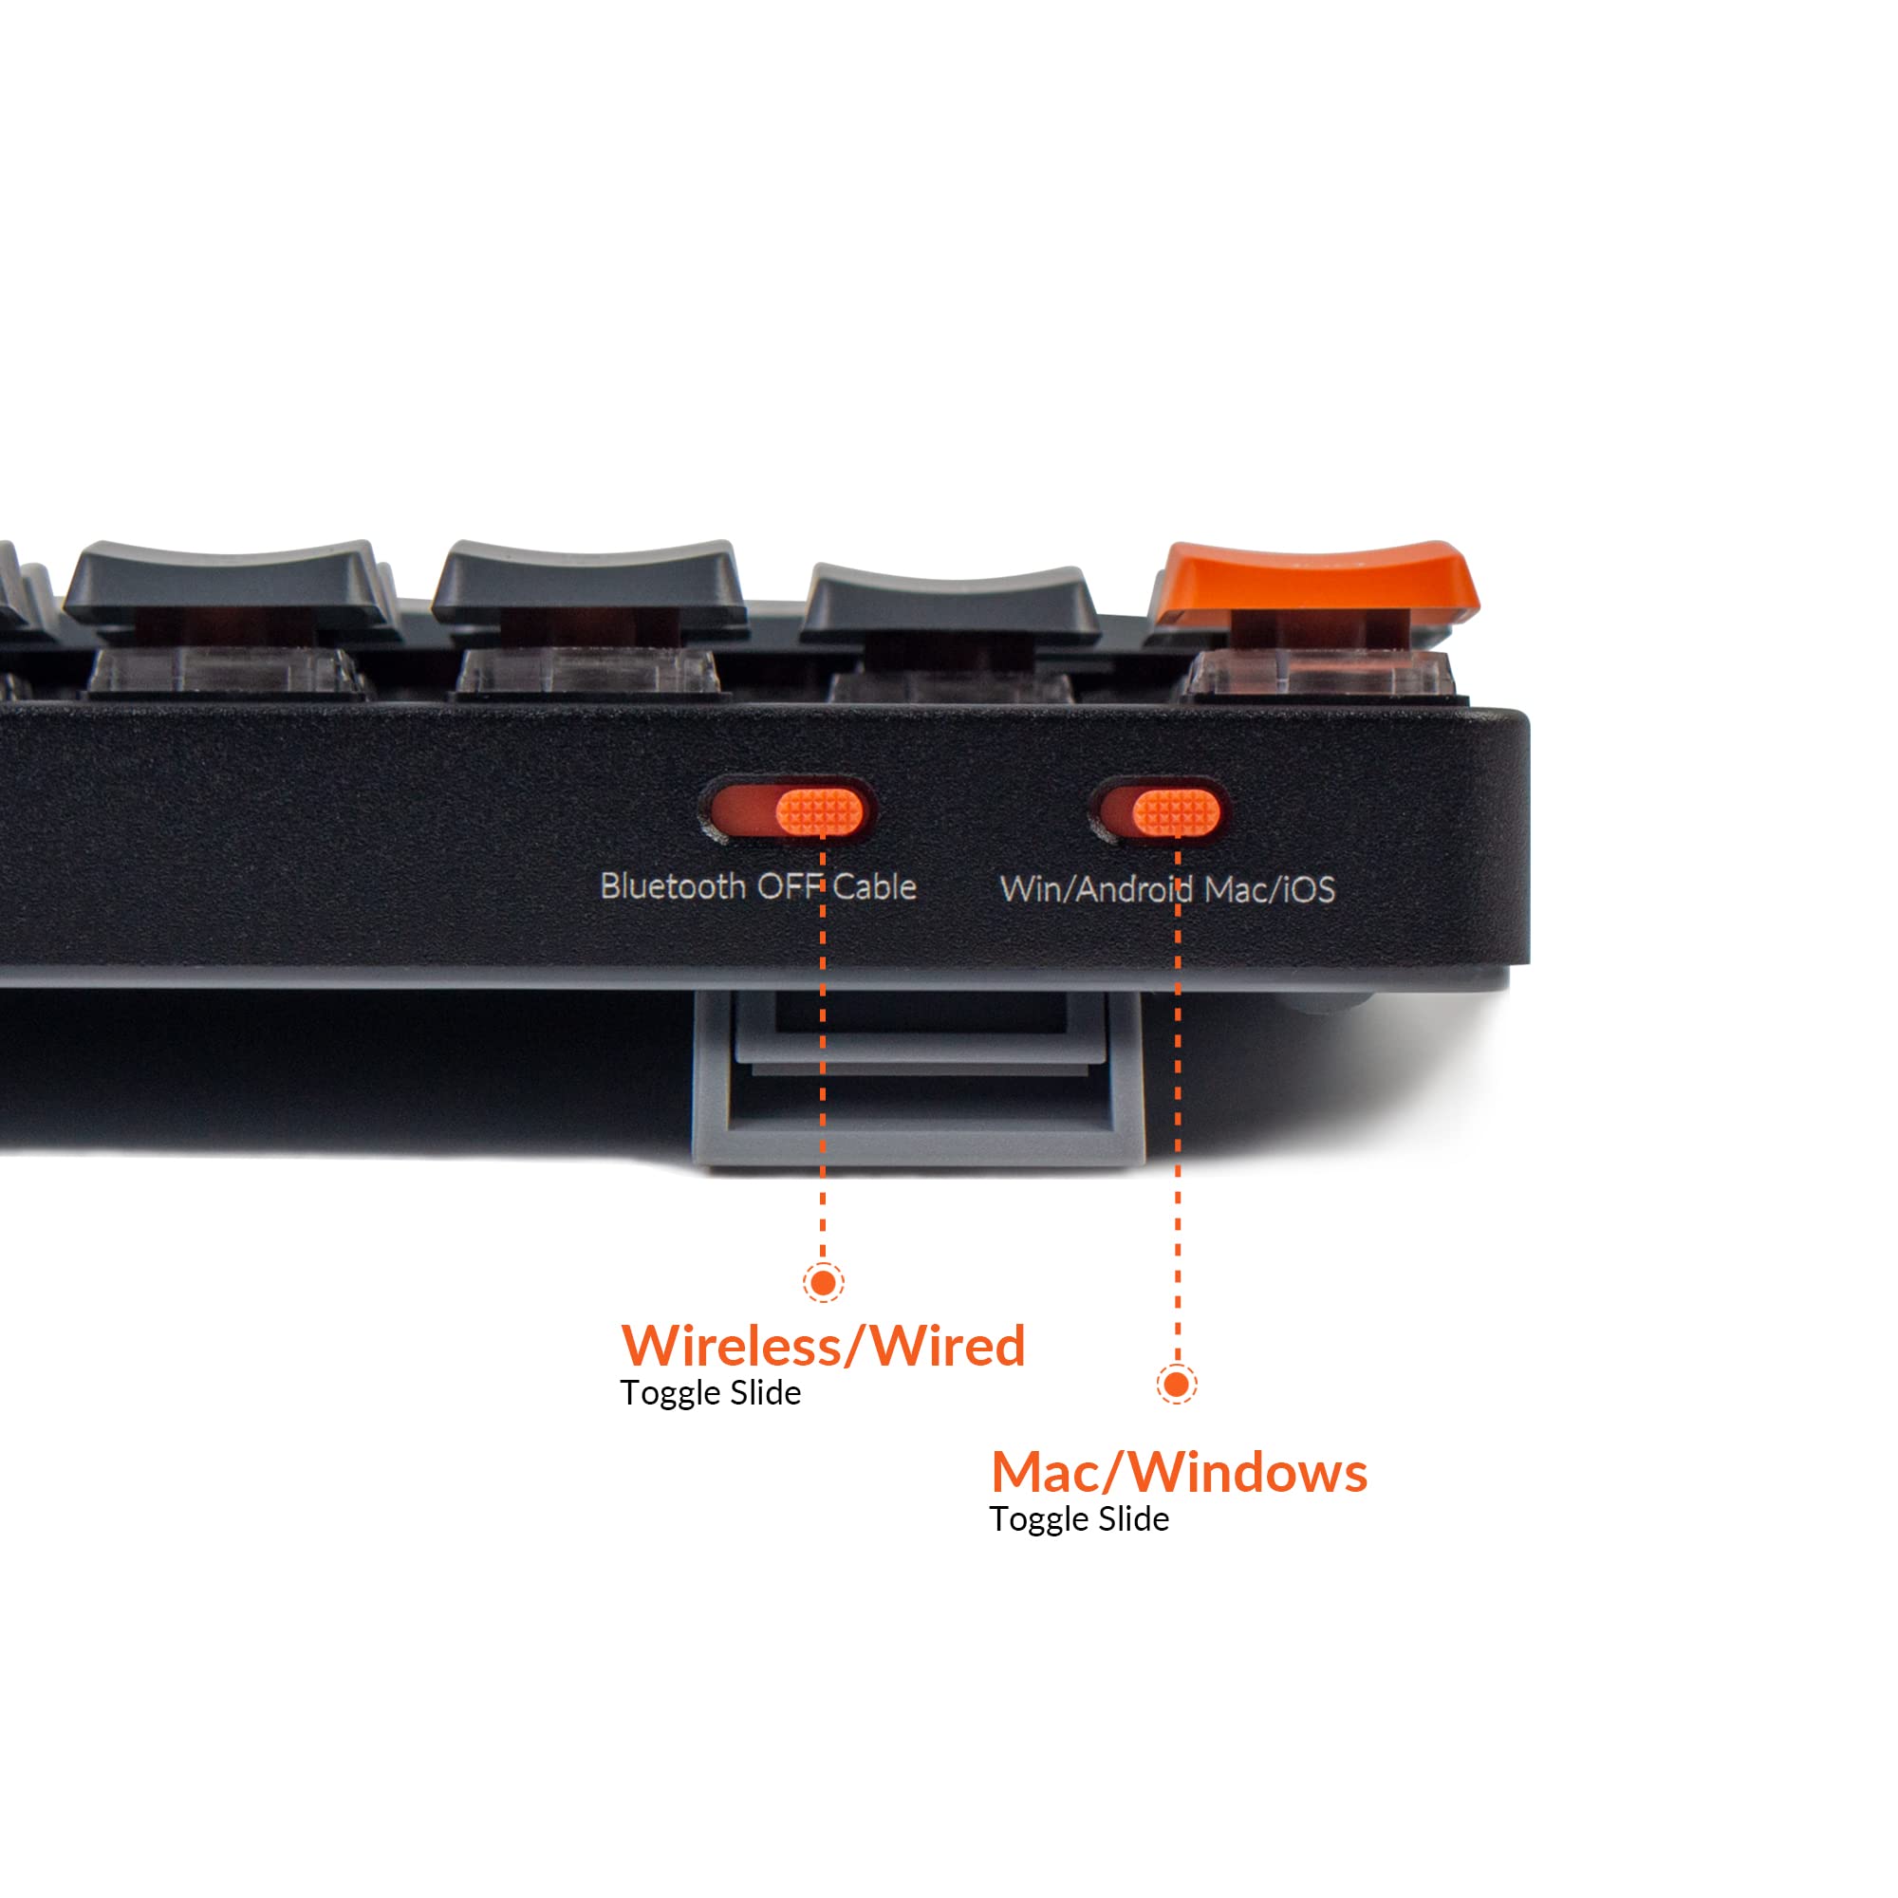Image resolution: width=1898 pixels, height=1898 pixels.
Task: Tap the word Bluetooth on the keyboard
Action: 673,886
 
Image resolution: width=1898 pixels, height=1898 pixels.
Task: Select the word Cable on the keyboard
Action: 874,886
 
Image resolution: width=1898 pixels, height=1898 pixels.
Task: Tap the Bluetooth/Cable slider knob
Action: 820,811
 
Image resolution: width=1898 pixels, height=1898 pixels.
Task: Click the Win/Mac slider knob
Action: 1177,812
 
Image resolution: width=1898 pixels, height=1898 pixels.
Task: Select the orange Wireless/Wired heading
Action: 823,1345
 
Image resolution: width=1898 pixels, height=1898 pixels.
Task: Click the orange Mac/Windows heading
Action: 1179,1472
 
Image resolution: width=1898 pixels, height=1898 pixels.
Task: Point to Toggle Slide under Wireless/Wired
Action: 710,1394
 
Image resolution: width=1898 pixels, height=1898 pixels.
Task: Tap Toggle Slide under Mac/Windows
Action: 1079,1519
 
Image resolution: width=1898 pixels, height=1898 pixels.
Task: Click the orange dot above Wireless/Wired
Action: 823,1282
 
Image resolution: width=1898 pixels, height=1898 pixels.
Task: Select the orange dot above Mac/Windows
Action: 1177,1385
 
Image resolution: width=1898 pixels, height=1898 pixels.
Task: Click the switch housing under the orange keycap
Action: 1321,673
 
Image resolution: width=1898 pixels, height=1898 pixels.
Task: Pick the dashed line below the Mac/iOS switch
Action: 1178,1100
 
